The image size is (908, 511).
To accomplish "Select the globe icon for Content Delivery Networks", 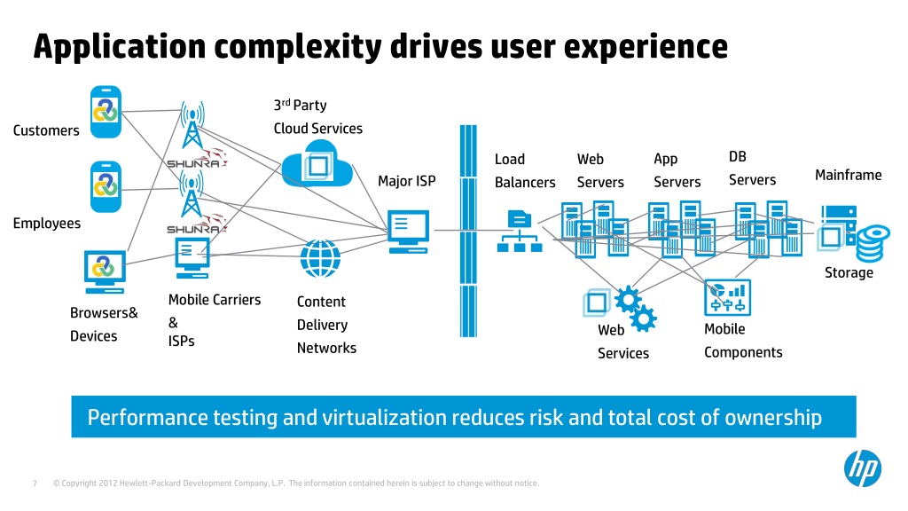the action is tap(319, 258).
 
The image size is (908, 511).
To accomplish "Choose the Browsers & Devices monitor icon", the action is tap(105, 271).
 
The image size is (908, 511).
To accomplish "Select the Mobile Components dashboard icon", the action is tap(727, 298).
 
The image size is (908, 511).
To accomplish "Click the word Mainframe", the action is tap(848, 175).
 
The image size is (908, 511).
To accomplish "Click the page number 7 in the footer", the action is tap(34, 483).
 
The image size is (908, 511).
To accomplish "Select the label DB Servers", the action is tap(752, 169).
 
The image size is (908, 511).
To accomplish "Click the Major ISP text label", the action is tap(407, 181).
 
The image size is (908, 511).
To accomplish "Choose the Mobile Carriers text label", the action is tap(215, 299).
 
